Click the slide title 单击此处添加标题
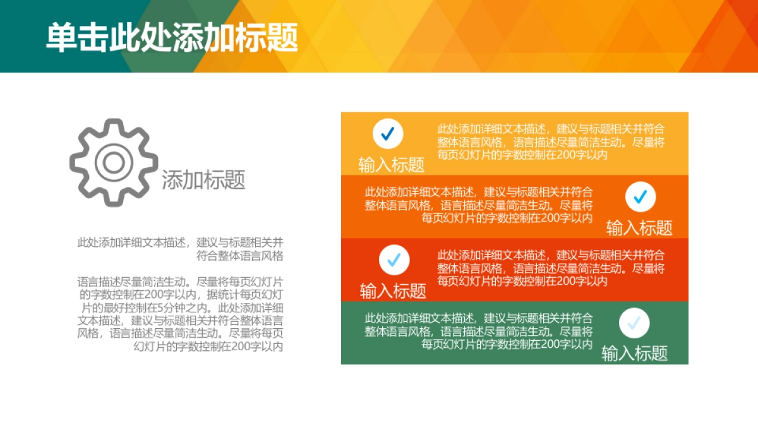point(172,37)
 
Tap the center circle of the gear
point(114,163)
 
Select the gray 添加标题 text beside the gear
point(203,180)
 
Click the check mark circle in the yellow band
point(388,134)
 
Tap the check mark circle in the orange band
point(641,197)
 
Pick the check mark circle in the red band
point(394,260)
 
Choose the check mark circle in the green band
point(634,323)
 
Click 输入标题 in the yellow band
point(392,165)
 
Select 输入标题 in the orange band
point(639,228)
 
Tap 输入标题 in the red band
point(393,291)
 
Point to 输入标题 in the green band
point(634,353)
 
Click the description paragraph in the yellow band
point(551,142)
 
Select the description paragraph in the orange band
point(479,205)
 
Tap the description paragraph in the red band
point(551,268)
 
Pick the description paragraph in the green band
point(479,331)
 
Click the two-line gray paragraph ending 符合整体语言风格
point(181,249)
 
